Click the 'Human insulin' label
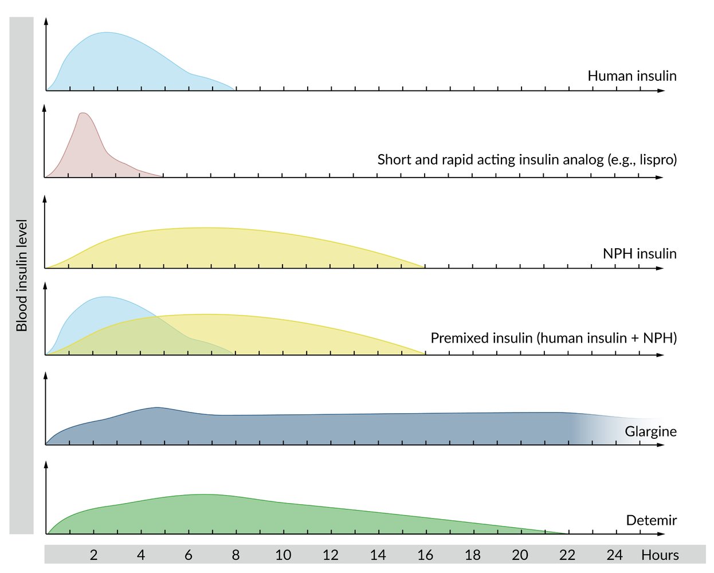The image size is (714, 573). (632, 76)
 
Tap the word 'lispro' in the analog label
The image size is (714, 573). (654, 159)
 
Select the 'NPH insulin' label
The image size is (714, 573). (640, 253)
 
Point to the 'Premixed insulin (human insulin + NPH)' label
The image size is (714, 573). (554, 337)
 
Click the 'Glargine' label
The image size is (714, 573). (651, 431)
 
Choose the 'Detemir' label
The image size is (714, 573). (652, 520)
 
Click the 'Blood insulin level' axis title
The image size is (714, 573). (22, 275)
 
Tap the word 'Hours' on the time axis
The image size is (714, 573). (660, 555)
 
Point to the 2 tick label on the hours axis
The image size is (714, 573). (93, 555)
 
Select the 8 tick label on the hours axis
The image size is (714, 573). (236, 555)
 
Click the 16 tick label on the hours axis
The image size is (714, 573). (425, 555)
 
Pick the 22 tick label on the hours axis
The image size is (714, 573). (567, 555)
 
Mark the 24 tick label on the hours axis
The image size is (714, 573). (615, 555)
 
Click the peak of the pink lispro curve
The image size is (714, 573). (84, 113)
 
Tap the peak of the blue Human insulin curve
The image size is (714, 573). (107, 33)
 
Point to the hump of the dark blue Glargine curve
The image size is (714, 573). (156, 407)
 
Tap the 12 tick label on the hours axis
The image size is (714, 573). (331, 555)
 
